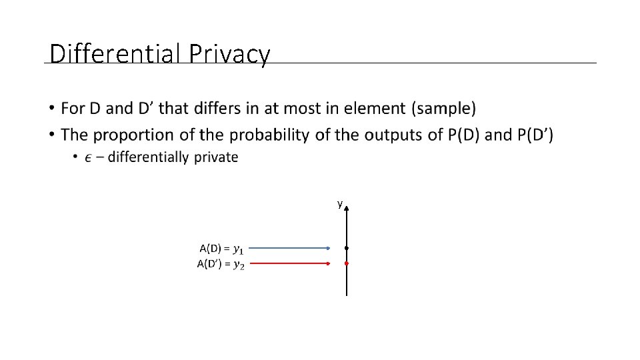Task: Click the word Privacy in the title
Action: point(229,54)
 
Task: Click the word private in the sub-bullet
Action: point(215,157)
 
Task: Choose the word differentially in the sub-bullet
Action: point(148,157)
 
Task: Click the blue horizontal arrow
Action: point(289,248)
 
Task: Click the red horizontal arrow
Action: point(289,263)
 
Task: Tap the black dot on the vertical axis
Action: point(347,248)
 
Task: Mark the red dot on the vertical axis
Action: point(347,263)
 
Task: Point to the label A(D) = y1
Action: point(222,249)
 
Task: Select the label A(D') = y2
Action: point(221,264)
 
